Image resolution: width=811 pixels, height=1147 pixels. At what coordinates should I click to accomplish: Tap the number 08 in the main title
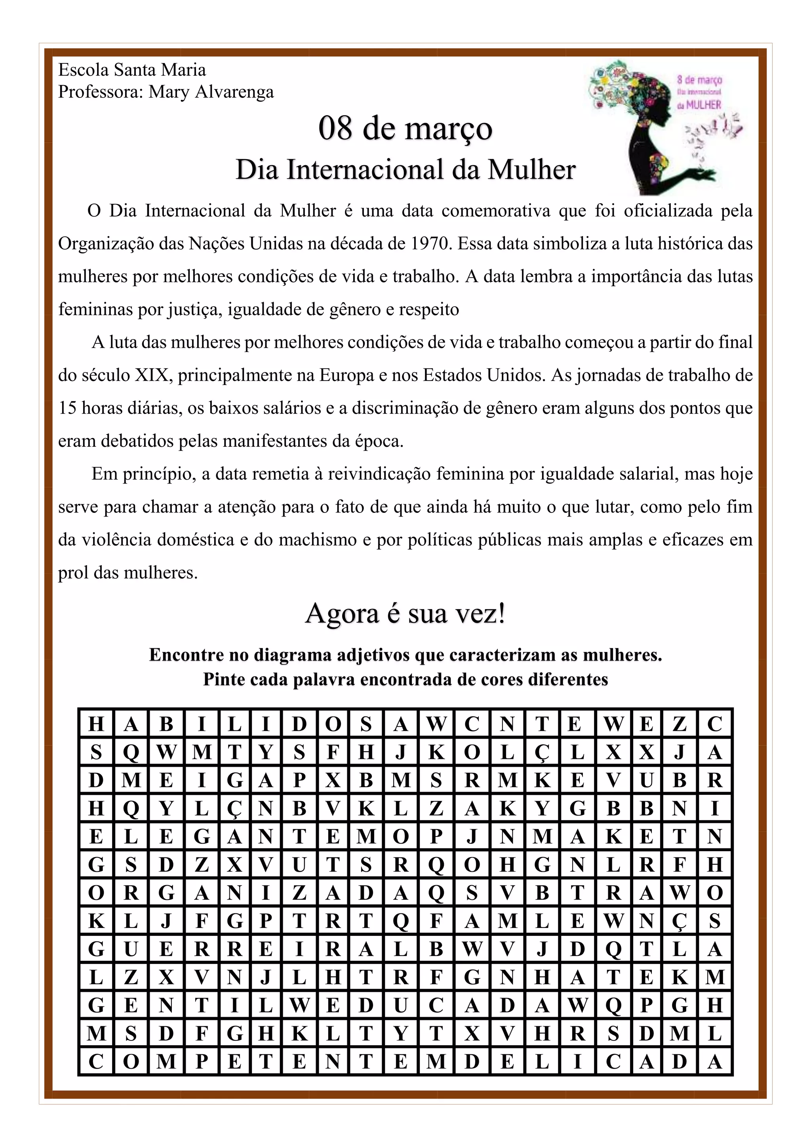pos(335,128)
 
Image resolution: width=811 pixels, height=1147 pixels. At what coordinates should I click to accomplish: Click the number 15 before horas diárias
pos(67,408)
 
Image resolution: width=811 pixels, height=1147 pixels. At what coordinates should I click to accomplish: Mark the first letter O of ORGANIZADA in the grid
pos(96,893)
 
